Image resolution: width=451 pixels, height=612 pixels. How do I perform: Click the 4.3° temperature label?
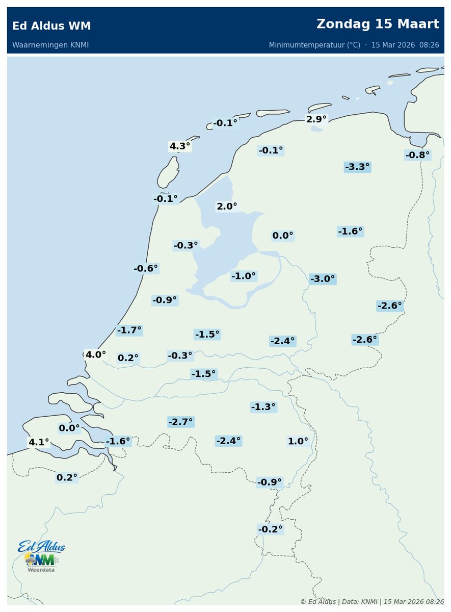click(179, 146)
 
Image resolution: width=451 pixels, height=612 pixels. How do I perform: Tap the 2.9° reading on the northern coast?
click(316, 119)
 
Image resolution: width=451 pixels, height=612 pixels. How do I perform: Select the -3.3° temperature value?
click(357, 167)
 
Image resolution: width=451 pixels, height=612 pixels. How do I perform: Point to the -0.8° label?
click(417, 155)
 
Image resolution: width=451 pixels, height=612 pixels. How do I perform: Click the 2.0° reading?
click(227, 207)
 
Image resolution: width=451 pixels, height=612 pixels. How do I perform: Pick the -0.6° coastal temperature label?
click(146, 268)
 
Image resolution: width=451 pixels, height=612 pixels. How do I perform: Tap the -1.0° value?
click(244, 276)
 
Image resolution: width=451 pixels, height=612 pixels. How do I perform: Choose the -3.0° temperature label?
click(323, 279)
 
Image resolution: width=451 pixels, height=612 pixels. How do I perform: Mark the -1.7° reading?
click(129, 330)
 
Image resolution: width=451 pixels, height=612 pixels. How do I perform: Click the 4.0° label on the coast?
click(95, 354)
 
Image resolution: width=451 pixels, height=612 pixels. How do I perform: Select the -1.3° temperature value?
click(263, 407)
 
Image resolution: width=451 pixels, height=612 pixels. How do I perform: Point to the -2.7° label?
click(180, 422)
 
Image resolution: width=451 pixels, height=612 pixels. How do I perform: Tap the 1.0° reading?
click(298, 441)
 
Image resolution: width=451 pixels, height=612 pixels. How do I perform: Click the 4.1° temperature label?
click(39, 442)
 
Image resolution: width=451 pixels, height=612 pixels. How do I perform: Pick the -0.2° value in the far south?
click(270, 529)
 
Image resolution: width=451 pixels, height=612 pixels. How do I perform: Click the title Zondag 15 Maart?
click(378, 24)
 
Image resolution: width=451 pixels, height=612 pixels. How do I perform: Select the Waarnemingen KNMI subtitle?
click(50, 45)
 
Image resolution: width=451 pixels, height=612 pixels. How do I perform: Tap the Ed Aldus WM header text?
click(51, 26)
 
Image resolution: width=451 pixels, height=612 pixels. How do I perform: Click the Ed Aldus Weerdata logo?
click(42, 556)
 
